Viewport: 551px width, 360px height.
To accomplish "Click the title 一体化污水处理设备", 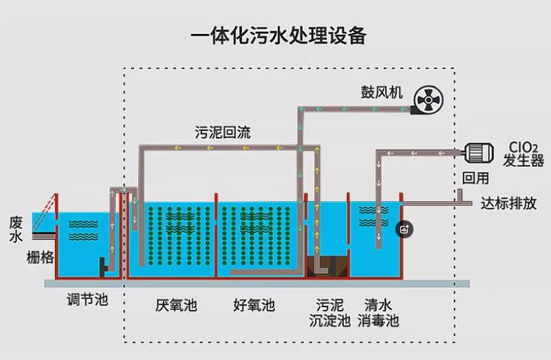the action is (x=279, y=35).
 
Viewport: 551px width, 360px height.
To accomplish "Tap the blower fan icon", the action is (x=428, y=100).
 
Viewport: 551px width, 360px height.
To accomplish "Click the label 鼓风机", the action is (x=382, y=92).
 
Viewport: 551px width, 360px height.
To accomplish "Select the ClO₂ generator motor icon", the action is (x=479, y=153).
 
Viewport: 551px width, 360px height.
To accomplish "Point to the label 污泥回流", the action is (x=223, y=133).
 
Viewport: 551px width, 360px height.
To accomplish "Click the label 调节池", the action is (x=87, y=300).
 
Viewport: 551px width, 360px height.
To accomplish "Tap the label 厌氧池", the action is (x=176, y=305).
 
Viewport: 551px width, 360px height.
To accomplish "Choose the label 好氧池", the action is (x=254, y=305).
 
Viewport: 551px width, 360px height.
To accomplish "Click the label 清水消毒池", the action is (x=378, y=312).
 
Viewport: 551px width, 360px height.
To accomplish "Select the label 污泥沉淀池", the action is (x=329, y=312).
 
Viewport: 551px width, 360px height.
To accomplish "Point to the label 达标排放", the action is (x=508, y=204).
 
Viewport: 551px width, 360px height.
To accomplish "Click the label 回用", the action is (x=476, y=178).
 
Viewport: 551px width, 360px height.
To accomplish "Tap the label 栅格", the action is (x=40, y=257).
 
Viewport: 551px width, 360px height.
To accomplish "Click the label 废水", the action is (x=16, y=229).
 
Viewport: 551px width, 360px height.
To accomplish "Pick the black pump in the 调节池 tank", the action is (x=104, y=267).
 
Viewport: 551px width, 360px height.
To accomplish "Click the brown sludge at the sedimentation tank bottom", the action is (x=327, y=267).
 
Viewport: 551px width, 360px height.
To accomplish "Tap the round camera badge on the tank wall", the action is (x=404, y=230).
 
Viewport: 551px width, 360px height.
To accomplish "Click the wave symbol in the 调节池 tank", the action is (x=83, y=230).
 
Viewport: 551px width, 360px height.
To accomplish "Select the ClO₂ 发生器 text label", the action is (x=523, y=154).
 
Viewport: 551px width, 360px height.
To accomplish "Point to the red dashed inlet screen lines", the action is (x=45, y=213).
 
